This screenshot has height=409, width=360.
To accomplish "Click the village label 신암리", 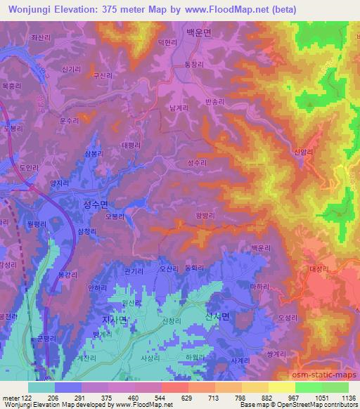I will click(302, 151).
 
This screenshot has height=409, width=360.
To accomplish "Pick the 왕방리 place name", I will click(203, 216).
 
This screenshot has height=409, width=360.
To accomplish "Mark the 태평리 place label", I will click(131, 145).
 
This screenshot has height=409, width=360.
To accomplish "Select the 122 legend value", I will click(26, 398).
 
